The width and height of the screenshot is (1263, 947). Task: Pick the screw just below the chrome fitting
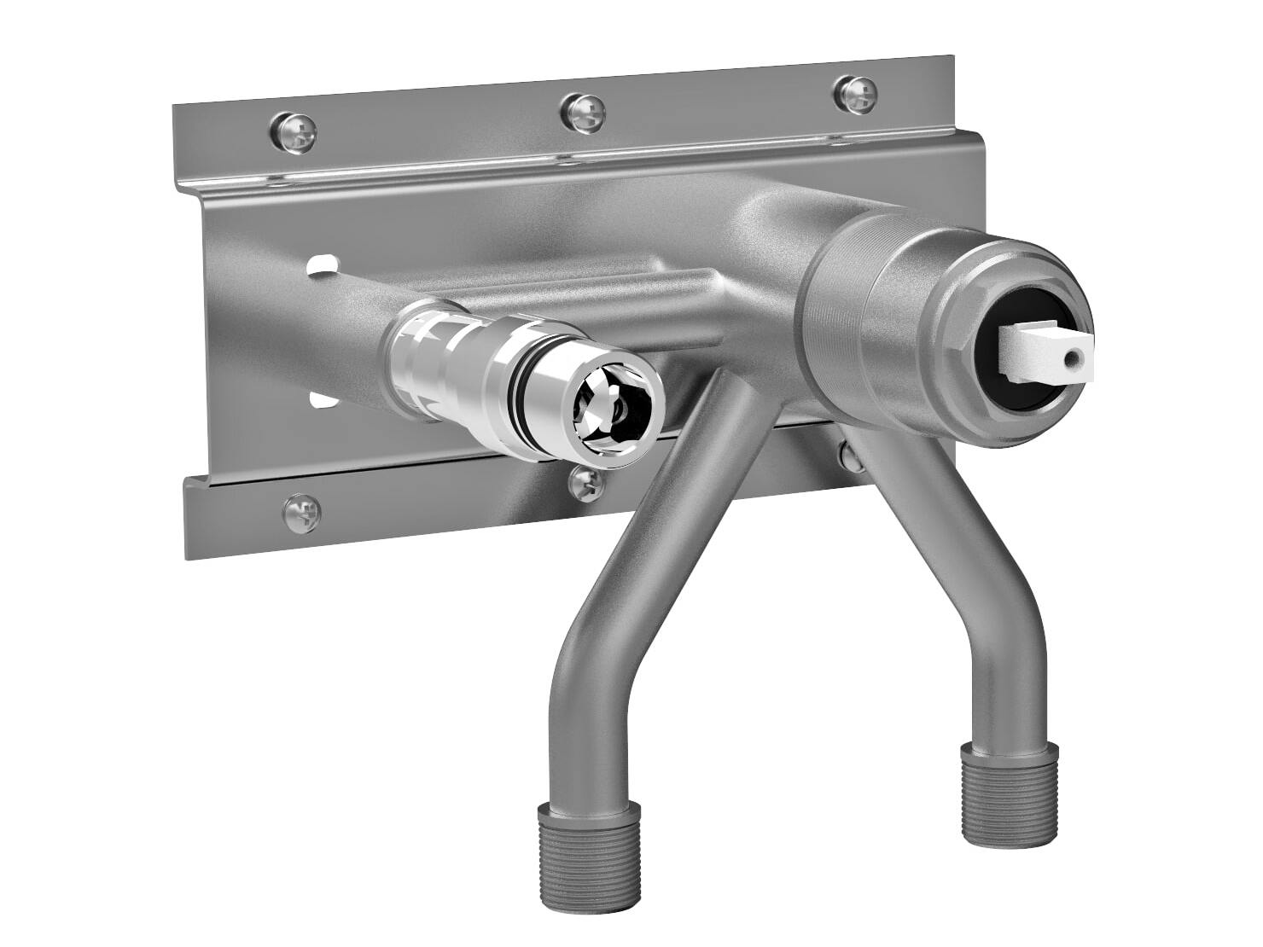587,482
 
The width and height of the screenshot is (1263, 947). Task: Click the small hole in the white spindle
1076,352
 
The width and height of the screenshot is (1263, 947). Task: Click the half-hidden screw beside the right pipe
849,456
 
